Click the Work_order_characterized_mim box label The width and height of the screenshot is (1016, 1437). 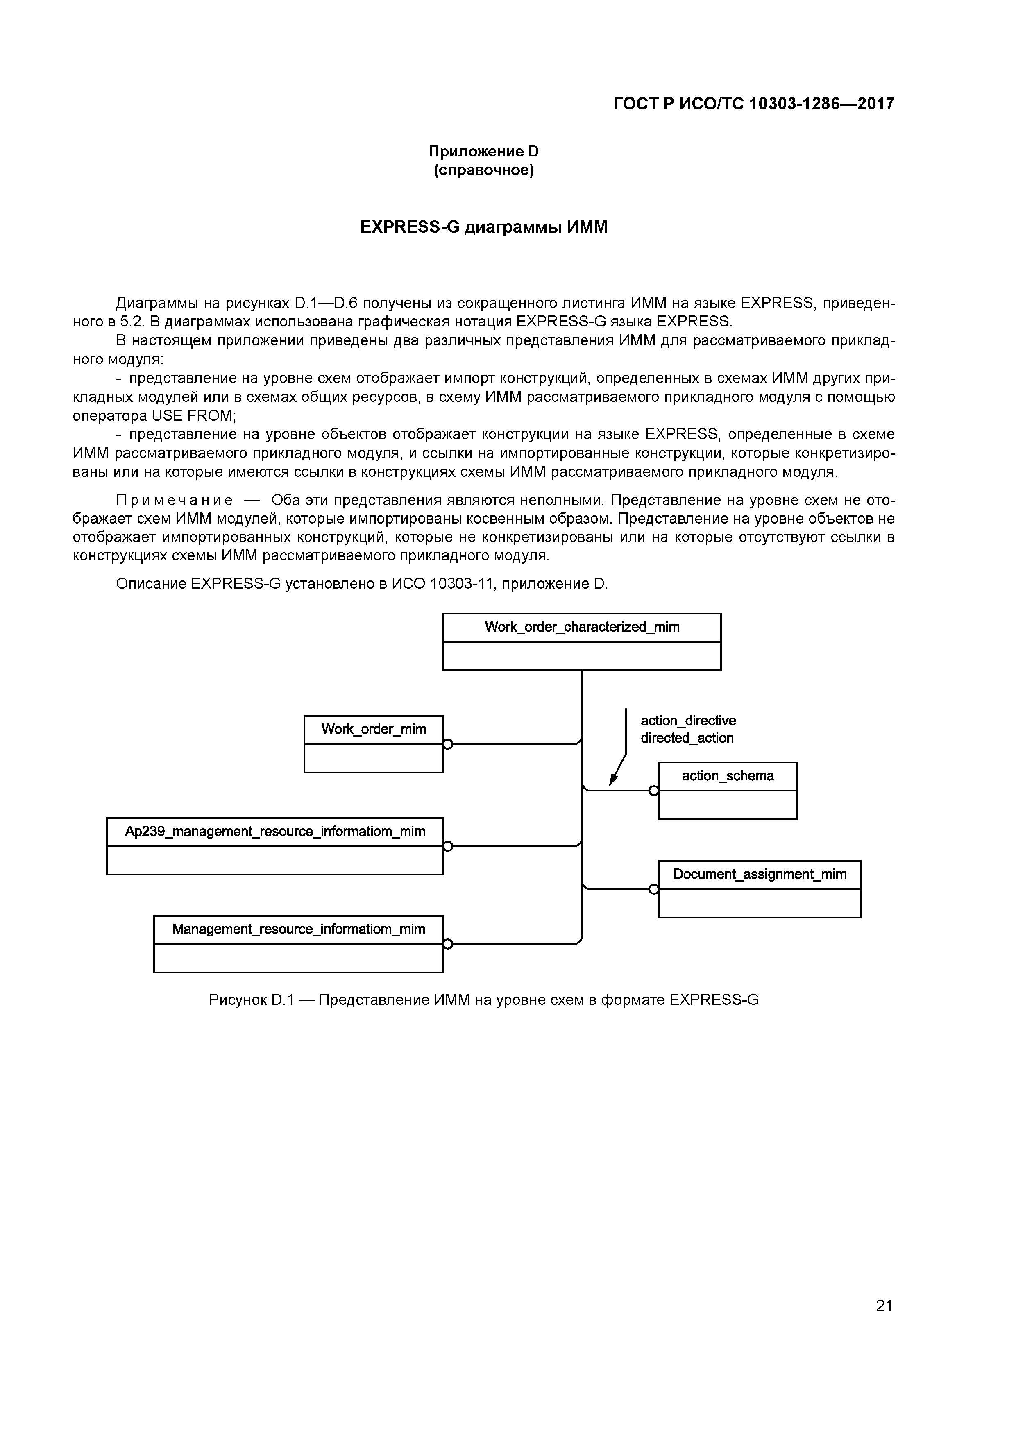point(582,627)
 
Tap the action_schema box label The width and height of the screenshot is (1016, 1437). point(728,776)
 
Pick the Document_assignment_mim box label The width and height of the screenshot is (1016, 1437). point(760,874)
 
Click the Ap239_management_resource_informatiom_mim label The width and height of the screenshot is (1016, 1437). point(275,832)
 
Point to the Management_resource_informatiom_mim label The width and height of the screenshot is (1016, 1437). point(299,929)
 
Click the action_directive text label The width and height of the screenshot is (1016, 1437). point(688,721)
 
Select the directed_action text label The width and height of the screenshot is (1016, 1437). point(687,739)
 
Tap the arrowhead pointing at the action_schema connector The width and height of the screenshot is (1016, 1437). point(613,780)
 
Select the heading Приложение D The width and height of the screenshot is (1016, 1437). point(483,152)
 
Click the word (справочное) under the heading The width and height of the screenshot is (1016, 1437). point(483,170)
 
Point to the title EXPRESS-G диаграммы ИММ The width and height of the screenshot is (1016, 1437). point(483,227)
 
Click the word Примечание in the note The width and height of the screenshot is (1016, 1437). point(175,500)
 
